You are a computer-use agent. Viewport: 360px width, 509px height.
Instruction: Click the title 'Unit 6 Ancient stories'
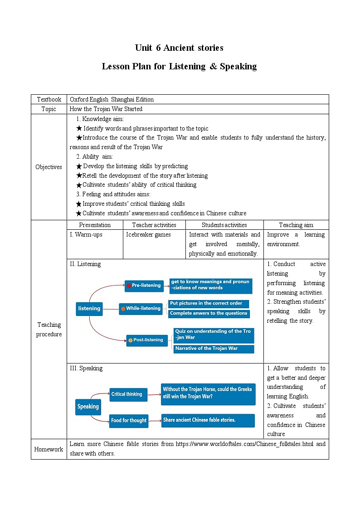click(179, 48)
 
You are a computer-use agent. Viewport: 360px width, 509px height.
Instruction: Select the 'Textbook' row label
click(49, 99)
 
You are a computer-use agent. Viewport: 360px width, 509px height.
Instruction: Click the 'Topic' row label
click(49, 109)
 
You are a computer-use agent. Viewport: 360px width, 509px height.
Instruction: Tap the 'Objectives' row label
click(49, 167)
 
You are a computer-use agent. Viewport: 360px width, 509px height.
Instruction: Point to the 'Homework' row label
click(49, 449)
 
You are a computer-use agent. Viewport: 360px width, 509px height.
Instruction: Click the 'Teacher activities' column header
click(154, 225)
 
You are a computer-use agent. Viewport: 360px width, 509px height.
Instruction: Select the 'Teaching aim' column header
click(296, 225)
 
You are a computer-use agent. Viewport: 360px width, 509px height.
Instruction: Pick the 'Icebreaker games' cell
click(149, 235)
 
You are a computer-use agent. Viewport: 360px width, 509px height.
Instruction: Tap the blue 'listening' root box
click(89, 309)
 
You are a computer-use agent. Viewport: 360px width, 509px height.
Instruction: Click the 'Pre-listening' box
click(144, 286)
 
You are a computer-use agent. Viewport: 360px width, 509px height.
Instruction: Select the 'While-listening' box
click(141, 309)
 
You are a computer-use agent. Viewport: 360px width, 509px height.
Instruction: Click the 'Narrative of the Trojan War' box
click(214, 349)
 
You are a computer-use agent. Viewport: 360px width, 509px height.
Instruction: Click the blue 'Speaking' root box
click(88, 407)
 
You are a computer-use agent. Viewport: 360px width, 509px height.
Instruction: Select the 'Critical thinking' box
click(129, 394)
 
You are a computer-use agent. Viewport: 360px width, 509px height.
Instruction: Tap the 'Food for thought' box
click(129, 421)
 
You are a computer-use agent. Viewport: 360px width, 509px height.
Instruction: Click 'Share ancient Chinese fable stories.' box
click(208, 420)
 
